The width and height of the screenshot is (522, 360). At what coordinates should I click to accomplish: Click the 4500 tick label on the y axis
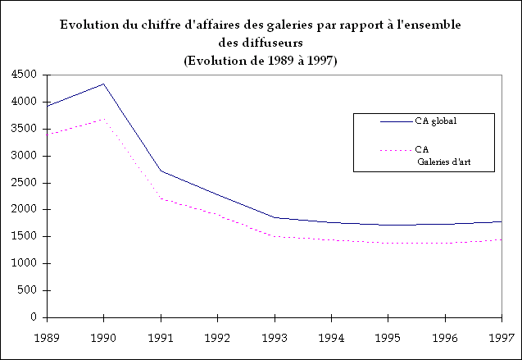(x=23, y=75)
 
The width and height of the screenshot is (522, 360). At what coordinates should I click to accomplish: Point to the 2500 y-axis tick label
(x=23, y=182)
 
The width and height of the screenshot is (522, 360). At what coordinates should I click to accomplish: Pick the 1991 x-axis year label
(x=161, y=336)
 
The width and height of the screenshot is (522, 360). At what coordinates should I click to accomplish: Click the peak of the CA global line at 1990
(x=103, y=84)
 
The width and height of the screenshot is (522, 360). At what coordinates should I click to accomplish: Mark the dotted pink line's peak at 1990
(x=103, y=119)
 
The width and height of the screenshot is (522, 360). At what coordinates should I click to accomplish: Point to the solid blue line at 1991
(x=161, y=171)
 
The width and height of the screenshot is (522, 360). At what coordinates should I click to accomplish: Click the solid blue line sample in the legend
(x=396, y=122)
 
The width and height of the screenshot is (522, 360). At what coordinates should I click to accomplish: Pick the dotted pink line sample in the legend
(x=396, y=150)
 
